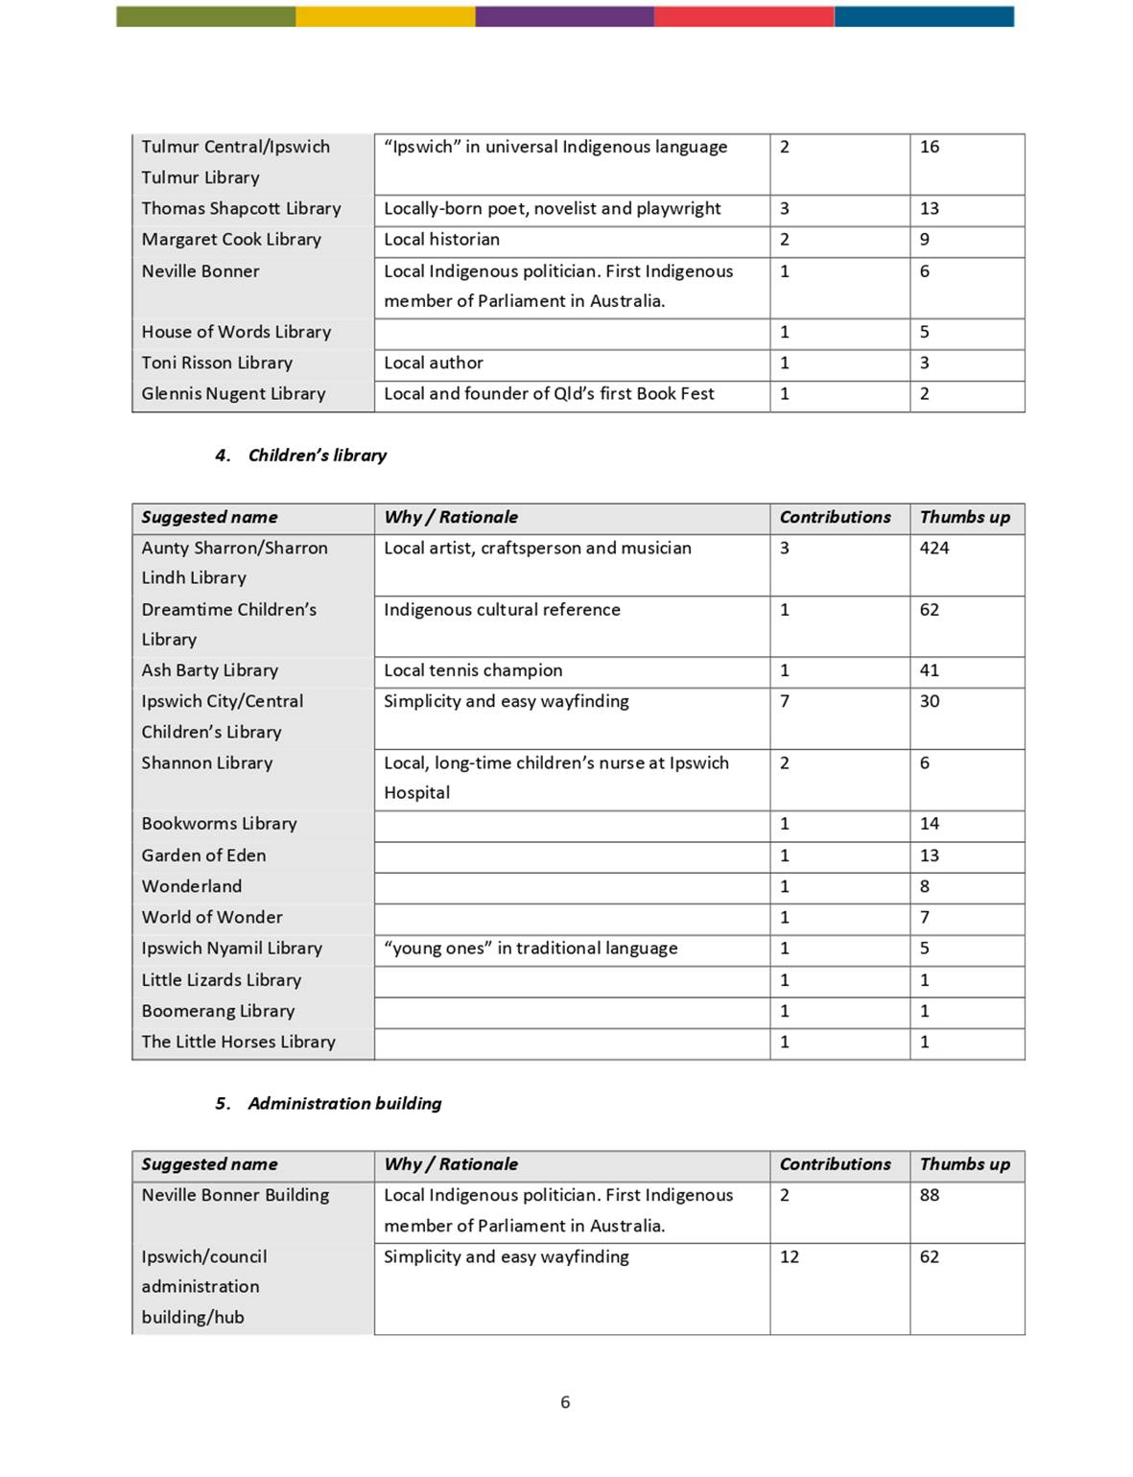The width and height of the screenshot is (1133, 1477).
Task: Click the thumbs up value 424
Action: [x=933, y=548]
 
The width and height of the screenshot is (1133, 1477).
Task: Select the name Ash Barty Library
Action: [x=209, y=670]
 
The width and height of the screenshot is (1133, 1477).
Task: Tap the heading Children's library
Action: [x=317, y=456]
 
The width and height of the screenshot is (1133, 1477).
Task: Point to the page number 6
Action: [x=565, y=1402]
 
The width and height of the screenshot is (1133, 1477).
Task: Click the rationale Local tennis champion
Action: [x=473, y=670]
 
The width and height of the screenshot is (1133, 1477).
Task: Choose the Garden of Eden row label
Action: [x=203, y=856]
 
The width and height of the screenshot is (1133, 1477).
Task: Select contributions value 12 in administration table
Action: [x=789, y=1256]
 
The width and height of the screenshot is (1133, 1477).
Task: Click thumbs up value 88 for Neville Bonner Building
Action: [x=929, y=1195]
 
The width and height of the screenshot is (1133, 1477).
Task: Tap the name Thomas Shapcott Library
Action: [x=241, y=208]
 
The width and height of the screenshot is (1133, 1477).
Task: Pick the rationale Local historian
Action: [x=441, y=239]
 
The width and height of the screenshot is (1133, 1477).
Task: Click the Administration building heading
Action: [x=344, y=1103]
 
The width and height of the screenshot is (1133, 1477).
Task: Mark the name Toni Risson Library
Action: [x=217, y=363]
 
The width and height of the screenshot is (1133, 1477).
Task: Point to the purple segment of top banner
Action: [x=564, y=16]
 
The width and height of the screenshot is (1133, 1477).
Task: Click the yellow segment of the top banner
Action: [x=385, y=16]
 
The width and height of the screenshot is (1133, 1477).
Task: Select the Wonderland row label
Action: [x=192, y=886]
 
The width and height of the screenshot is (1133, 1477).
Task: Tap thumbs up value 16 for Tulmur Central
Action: [x=929, y=147]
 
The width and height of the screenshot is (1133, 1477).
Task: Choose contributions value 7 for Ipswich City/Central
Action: [x=785, y=701]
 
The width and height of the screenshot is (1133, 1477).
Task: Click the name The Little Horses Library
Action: [x=238, y=1042]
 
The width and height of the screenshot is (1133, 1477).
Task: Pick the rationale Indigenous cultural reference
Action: [x=502, y=609]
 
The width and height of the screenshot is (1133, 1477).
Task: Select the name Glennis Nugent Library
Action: [x=233, y=393]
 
